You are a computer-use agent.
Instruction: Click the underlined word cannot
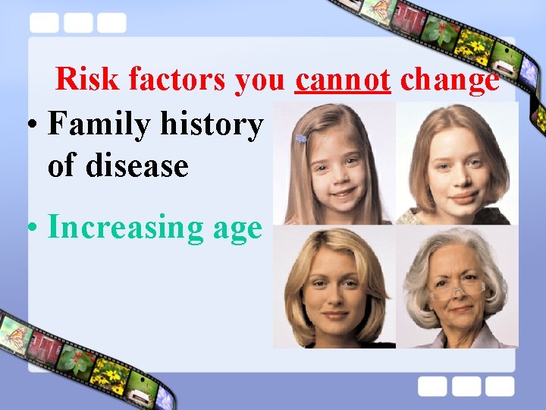(343, 79)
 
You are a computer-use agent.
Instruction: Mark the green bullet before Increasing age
(33, 228)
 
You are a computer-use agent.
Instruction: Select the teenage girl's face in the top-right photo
(450, 167)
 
